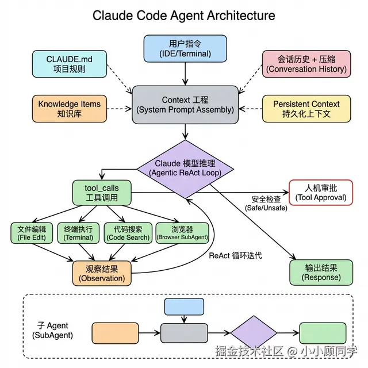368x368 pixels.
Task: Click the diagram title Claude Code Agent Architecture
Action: pos(184,15)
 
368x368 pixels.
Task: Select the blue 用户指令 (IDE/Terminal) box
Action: pos(185,48)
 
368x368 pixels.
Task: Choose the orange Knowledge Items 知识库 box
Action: pos(69,109)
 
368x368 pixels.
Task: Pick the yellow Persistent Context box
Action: pos(306,109)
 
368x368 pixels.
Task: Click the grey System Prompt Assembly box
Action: pos(185,105)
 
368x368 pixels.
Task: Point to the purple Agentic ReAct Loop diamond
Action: pos(185,168)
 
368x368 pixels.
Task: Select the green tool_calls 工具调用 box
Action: pos(101,193)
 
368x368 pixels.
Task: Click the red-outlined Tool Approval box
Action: pos(321,193)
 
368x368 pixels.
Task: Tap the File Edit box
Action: pos(32,232)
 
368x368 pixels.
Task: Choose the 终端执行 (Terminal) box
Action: pos(79,232)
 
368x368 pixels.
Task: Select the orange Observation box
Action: pos(101,273)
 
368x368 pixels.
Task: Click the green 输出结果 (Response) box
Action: pos(321,272)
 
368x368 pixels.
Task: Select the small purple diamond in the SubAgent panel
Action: pos(254,332)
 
